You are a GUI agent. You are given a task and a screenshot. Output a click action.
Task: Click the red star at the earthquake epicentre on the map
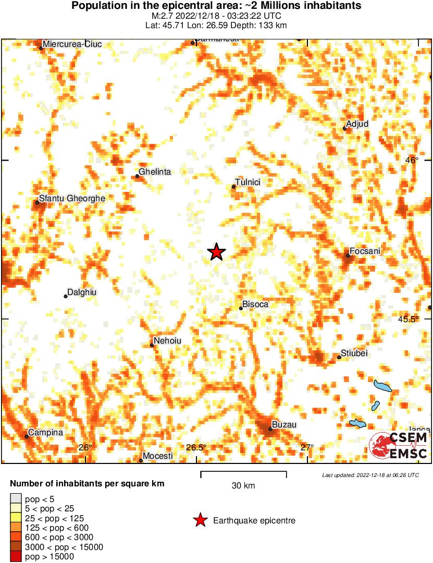click(x=216, y=252)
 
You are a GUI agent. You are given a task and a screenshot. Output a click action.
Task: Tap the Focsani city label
click(x=365, y=252)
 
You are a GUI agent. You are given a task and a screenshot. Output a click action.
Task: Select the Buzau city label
click(x=284, y=425)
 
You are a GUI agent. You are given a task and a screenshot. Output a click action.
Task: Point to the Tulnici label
click(x=248, y=182)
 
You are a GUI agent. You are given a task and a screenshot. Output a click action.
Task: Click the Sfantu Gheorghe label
click(x=72, y=199)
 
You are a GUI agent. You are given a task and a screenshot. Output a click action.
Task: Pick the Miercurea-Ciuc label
click(x=72, y=44)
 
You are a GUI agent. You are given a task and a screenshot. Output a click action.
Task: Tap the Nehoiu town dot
click(x=152, y=345)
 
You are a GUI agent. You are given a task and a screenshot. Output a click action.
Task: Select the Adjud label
click(x=357, y=124)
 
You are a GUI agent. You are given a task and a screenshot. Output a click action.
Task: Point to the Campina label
click(x=45, y=432)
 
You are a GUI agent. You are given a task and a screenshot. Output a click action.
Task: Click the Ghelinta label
click(x=155, y=172)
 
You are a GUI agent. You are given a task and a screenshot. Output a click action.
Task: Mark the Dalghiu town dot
click(x=66, y=296)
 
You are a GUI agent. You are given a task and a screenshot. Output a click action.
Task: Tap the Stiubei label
click(x=354, y=353)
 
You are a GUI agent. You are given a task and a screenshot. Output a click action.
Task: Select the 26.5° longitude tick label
click(x=196, y=447)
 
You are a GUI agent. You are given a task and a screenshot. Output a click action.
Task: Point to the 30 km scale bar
click(x=243, y=473)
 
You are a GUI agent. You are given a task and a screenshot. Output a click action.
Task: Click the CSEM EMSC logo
click(x=399, y=446)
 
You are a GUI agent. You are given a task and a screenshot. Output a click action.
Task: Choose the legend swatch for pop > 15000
click(x=16, y=556)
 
